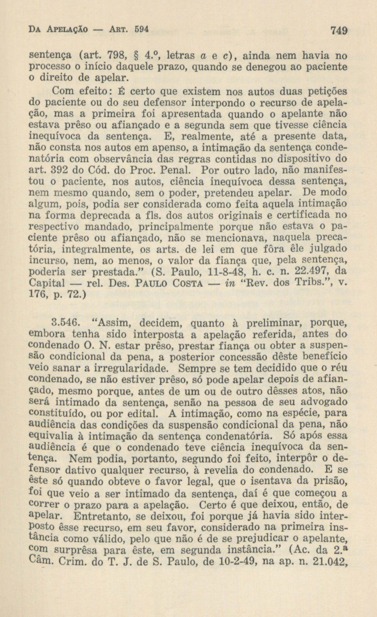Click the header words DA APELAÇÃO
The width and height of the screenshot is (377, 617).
58,30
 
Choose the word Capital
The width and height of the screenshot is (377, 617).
47,283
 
